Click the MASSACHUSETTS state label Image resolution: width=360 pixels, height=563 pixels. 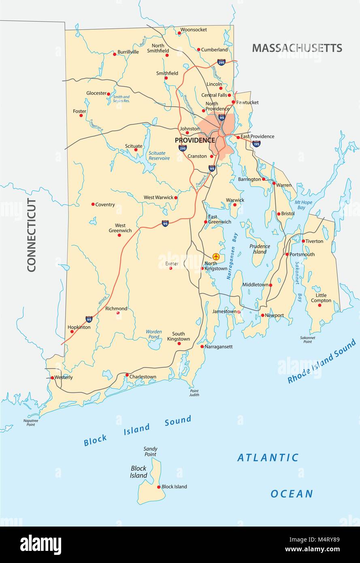297,48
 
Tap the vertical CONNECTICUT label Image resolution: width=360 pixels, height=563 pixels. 32,235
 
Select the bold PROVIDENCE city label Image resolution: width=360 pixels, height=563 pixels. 195,140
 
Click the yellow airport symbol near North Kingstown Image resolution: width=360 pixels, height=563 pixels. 216,256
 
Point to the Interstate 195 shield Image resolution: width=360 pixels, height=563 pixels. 256,144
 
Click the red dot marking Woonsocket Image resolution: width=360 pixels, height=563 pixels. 179,33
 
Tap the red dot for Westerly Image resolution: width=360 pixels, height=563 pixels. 52,377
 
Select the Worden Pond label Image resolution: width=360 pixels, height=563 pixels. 154,334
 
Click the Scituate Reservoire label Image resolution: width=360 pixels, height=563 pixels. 159,156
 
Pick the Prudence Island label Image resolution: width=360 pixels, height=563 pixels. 260,249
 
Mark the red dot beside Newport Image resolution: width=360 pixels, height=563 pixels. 262,315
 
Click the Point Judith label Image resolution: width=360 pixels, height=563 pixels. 194,392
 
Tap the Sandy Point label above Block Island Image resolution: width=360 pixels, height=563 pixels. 150,452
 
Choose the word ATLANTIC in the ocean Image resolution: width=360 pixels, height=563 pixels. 268,458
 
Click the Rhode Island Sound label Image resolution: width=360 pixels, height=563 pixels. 322,361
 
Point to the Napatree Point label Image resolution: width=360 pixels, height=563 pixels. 28,422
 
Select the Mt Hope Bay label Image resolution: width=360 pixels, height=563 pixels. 300,205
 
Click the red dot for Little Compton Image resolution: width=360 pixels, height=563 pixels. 320,305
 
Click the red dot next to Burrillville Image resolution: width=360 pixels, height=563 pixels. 115,54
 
